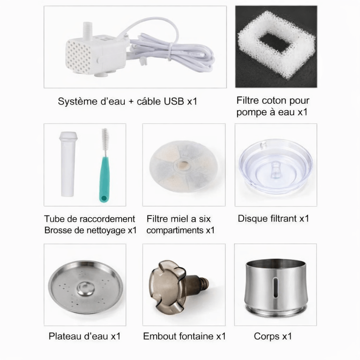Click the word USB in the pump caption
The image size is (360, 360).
[174, 102]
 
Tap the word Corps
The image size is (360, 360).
[266, 336]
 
